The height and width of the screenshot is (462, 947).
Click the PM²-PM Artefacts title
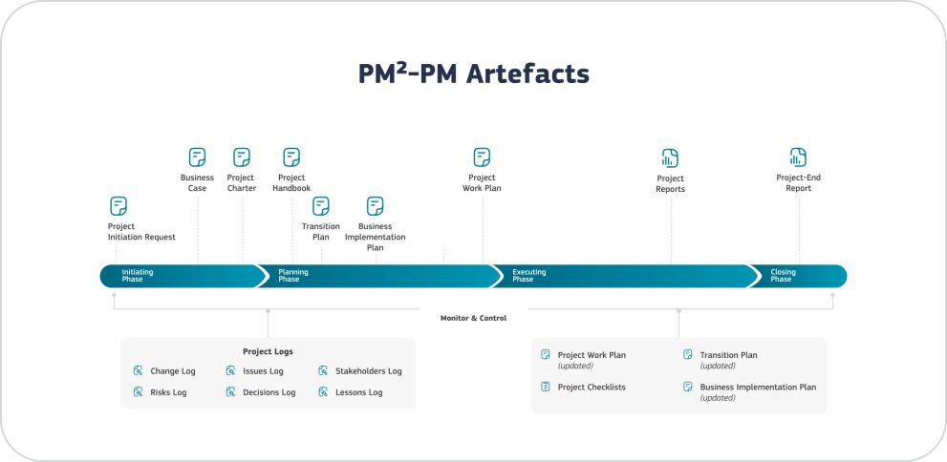pyautogui.click(x=473, y=74)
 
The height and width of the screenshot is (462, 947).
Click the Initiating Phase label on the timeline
pyautogui.click(x=138, y=276)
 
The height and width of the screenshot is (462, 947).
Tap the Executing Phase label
pyautogui.click(x=529, y=276)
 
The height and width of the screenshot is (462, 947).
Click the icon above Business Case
pyautogui.click(x=197, y=157)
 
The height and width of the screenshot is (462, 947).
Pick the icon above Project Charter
pyautogui.click(x=242, y=157)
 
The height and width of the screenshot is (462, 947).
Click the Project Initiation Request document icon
pyautogui.click(x=118, y=206)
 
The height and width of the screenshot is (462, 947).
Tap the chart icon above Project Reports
pyautogui.click(x=670, y=158)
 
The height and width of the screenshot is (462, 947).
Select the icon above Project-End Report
pyautogui.click(x=799, y=157)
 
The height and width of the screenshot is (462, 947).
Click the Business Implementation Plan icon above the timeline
pyautogui.click(x=376, y=206)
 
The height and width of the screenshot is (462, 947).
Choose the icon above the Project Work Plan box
pyautogui.click(x=482, y=157)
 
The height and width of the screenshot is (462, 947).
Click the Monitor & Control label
pyautogui.click(x=473, y=318)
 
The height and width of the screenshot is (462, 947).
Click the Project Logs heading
pyautogui.click(x=268, y=351)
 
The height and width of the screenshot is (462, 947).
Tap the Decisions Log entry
pyautogui.click(x=269, y=392)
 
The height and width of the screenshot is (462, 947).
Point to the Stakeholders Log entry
pyautogui.click(x=368, y=371)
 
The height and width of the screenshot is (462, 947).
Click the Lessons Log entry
pyautogui.click(x=358, y=392)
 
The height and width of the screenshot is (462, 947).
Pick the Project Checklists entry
pyautogui.click(x=591, y=387)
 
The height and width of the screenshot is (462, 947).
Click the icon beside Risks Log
pyautogui.click(x=139, y=392)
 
